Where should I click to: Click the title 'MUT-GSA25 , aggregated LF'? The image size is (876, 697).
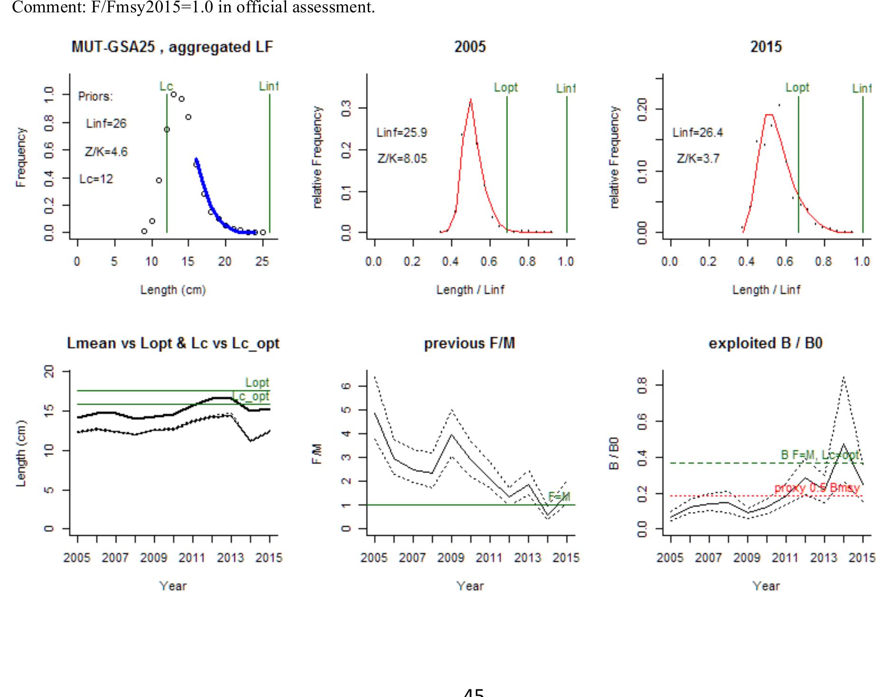tap(172, 47)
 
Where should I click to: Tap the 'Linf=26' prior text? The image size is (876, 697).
tap(106, 124)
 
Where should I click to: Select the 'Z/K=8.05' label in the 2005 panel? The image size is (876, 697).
tap(402, 159)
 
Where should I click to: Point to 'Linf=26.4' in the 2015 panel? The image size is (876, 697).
tap(698, 133)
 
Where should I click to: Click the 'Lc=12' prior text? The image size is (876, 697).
tap(96, 179)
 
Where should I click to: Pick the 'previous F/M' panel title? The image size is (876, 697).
tap(469, 344)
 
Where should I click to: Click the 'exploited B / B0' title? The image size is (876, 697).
tap(765, 344)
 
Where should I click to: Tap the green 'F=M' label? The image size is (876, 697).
tap(559, 497)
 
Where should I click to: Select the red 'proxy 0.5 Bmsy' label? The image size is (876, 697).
tap(817, 488)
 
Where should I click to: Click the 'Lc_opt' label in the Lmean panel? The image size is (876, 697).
tap(252, 397)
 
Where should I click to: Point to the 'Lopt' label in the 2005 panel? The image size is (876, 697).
tap(506, 88)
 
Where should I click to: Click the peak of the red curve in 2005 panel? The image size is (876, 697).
tap(470, 99)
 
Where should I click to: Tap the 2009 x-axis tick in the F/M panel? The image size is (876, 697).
tap(451, 558)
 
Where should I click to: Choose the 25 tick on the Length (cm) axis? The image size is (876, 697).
tap(262, 261)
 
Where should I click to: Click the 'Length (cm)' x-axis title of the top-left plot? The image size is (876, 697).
tap(173, 290)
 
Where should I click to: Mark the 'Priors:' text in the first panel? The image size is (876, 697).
tap(95, 96)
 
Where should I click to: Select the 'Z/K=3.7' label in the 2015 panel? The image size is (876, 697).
tap(698, 159)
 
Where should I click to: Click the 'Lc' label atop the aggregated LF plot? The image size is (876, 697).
tap(166, 86)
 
